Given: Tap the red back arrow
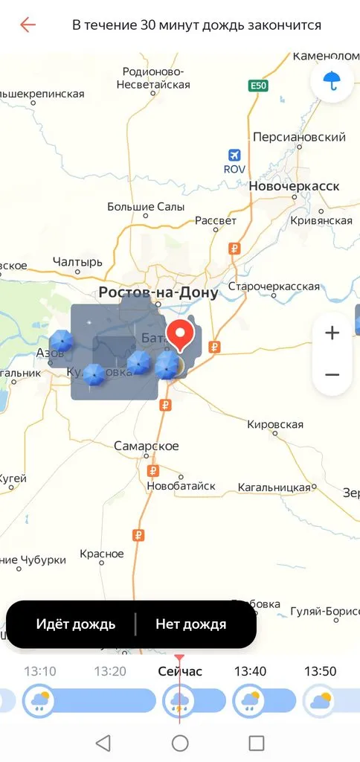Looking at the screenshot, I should pyautogui.click(x=28, y=25).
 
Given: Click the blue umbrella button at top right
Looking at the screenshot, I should pyautogui.click(x=332, y=80).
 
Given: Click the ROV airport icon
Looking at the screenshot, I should pyautogui.click(x=234, y=155).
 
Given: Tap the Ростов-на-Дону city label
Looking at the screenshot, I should pyautogui.click(x=159, y=292).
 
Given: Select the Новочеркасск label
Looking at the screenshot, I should pyautogui.click(x=294, y=185).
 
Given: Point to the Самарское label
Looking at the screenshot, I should pyautogui.click(x=147, y=446).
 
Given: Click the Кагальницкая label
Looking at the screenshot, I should pyautogui.click(x=274, y=487).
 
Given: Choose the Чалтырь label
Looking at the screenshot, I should pyautogui.click(x=77, y=262).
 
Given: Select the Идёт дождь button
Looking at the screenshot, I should pyautogui.click(x=75, y=624).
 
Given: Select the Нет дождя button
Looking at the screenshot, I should pyautogui.click(x=190, y=624).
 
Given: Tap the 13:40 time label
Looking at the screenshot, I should pyautogui.click(x=250, y=671).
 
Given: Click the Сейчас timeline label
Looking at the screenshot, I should pyautogui.click(x=180, y=671).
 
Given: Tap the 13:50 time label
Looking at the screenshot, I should pyautogui.click(x=320, y=671).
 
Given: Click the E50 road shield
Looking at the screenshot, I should pyautogui.click(x=258, y=86).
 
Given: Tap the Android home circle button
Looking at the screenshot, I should pyautogui.click(x=180, y=743).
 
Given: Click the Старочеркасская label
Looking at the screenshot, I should pyautogui.click(x=274, y=286).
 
